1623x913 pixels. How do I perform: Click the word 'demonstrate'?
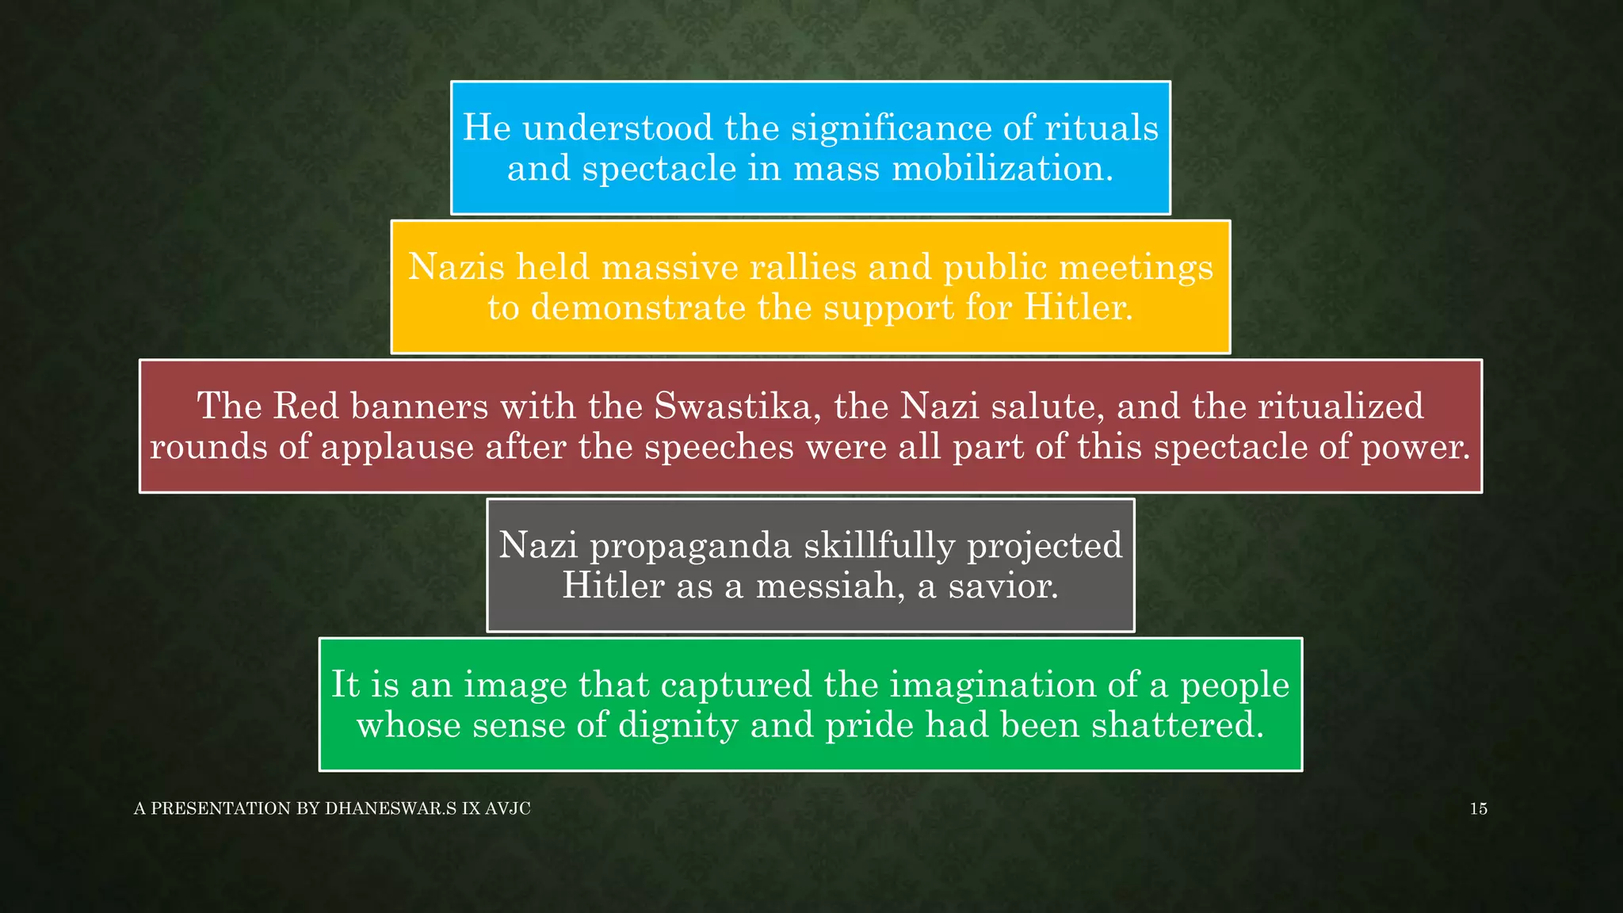[x=638, y=308]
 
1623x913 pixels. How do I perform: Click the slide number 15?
[x=1478, y=809]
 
